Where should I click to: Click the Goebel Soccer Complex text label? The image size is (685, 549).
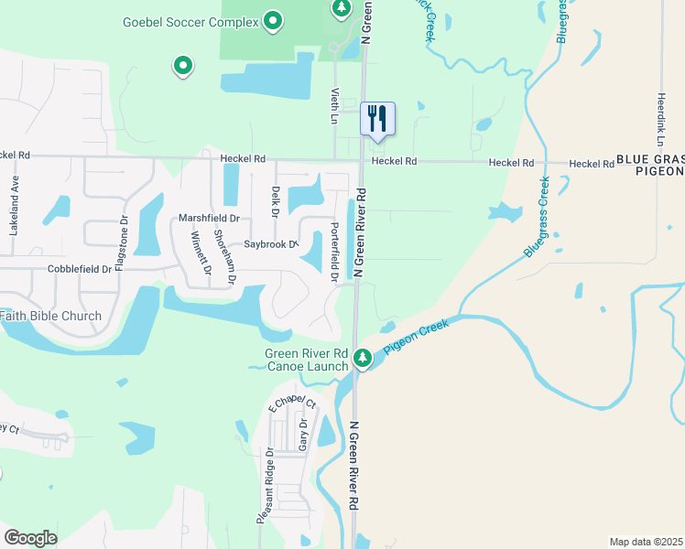tap(190, 20)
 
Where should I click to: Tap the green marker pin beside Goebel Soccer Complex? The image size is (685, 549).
tap(272, 20)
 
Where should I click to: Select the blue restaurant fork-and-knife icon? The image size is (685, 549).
tap(378, 118)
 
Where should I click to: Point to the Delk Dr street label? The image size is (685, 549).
tap(276, 201)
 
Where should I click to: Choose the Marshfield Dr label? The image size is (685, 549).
tap(209, 219)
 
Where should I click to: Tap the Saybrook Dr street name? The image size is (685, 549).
tap(271, 244)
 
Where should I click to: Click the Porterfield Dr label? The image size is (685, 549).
tap(335, 251)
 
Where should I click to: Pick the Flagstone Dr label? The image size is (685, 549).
tap(121, 237)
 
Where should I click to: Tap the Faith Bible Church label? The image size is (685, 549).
tap(50, 317)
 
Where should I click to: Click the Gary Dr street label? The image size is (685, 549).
tap(303, 432)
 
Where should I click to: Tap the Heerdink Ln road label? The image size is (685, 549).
tap(660, 119)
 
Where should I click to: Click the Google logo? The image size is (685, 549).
tap(31, 537)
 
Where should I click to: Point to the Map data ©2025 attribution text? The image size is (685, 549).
tap(646, 542)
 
